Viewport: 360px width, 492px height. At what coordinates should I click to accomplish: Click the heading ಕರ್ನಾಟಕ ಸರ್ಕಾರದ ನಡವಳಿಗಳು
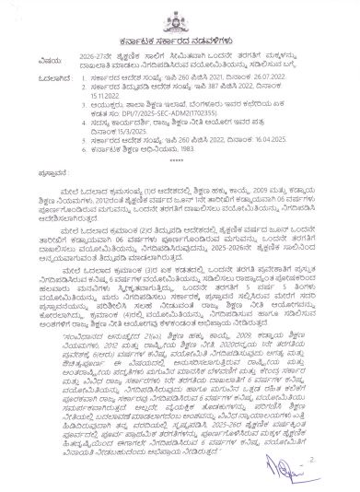(180, 42)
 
